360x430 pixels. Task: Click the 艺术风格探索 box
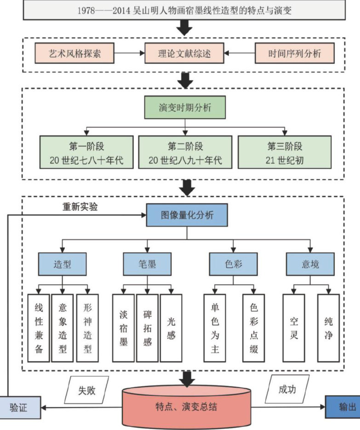click(74, 54)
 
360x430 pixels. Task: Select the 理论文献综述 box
click(184, 54)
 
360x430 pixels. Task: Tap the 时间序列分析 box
click(295, 54)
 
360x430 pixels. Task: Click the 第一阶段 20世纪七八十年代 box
click(87, 153)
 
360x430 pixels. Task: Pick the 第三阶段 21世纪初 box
click(285, 153)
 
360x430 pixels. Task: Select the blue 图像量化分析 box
click(186, 215)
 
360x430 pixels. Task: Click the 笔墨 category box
click(147, 264)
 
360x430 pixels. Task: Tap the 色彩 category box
click(233, 264)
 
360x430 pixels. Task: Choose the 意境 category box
click(310, 264)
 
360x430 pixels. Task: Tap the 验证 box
click(19, 407)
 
